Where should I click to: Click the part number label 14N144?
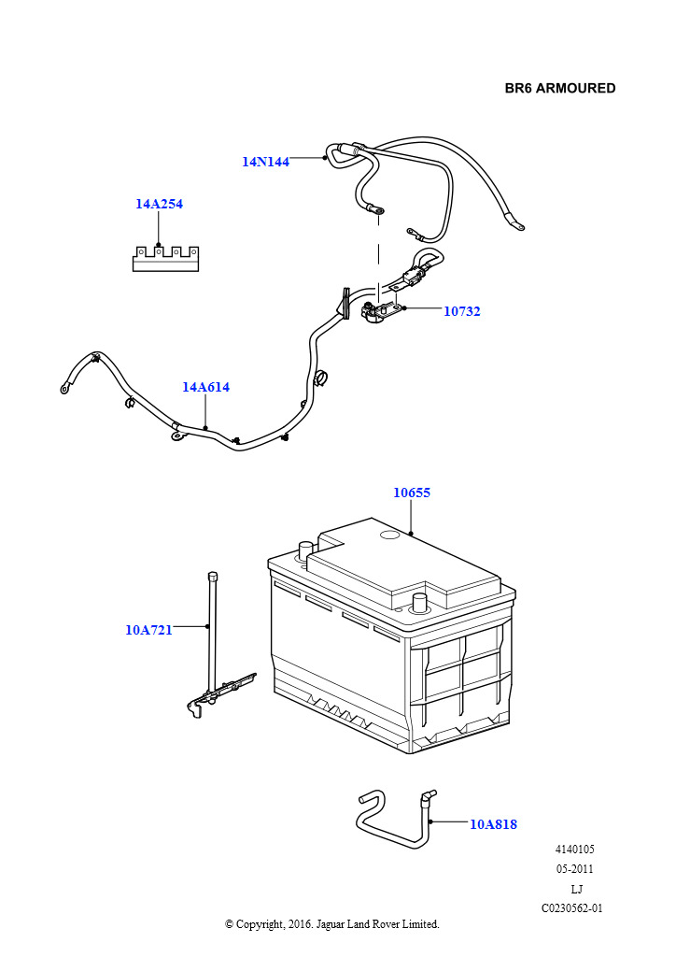(265, 162)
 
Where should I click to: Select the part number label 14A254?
(159, 204)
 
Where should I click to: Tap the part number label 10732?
(461, 311)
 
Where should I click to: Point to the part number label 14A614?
(205, 387)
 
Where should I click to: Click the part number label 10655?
(411, 493)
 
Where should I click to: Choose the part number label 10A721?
(148, 630)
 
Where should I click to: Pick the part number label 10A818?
(493, 824)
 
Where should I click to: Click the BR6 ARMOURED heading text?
(560, 89)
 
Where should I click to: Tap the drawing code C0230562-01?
(571, 907)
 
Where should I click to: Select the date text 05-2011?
(574, 869)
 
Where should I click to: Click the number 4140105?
(574, 850)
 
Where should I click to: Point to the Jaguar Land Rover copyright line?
(331, 924)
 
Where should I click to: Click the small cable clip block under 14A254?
(166, 258)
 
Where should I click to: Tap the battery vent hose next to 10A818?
(392, 822)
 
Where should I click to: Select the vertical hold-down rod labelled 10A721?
(213, 636)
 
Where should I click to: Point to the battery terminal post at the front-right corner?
(419, 599)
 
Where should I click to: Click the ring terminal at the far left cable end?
(65, 387)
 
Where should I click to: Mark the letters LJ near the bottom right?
(576, 889)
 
